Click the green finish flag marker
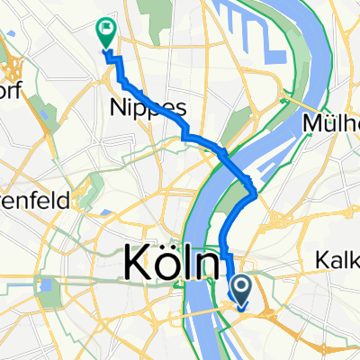coord(105,33)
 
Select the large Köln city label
coord(170,264)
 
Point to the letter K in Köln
coord(135,265)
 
